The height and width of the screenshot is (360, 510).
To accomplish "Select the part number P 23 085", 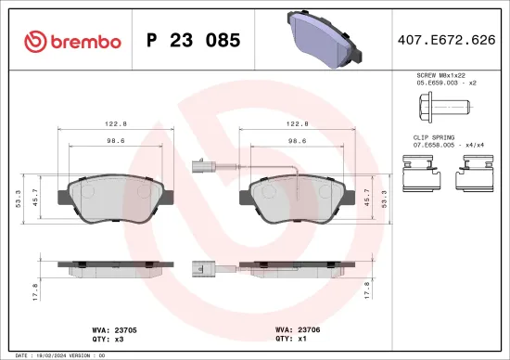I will click(194, 41).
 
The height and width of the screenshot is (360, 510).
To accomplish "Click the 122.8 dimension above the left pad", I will click(116, 122).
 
